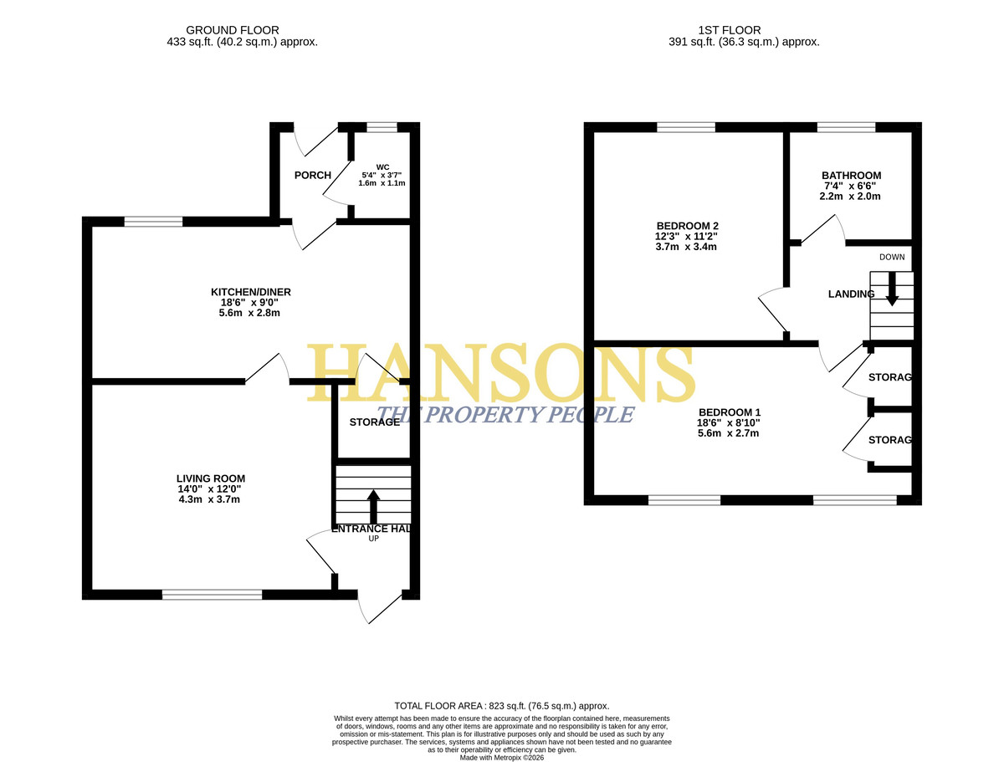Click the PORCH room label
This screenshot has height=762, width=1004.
coord(312,175)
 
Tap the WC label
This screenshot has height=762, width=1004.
coord(382,166)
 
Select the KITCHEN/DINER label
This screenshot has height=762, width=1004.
coord(251,292)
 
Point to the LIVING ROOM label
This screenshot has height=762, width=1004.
coord(210,478)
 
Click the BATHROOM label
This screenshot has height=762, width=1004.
coord(851,175)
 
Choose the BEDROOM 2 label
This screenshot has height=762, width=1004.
coord(687,225)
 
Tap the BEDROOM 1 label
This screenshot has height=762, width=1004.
coord(729,412)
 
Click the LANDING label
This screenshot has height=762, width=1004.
coord(851,294)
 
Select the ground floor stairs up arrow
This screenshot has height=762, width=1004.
coord(373,507)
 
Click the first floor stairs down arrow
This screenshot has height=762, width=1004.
coord(892,289)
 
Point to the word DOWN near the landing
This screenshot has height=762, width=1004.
coord(892,257)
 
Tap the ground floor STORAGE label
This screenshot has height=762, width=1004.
coord(374,422)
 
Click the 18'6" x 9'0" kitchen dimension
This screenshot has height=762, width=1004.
coord(249,302)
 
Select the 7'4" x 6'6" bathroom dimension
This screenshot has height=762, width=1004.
coord(850,186)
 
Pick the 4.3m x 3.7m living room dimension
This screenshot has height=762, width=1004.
coord(209,499)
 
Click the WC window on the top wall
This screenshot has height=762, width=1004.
coord(382,127)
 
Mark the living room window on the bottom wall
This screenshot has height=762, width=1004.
coord(212,594)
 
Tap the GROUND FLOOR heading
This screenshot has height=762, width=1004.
coord(232,30)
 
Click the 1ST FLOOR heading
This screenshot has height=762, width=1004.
coord(729,30)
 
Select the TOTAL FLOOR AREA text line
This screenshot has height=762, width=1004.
coord(502,706)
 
